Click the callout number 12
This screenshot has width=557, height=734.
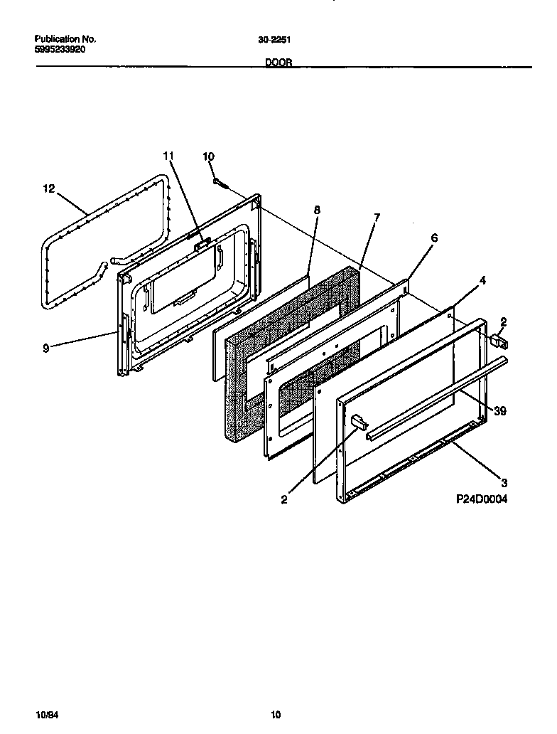point(48,188)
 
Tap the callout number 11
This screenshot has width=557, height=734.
point(168,156)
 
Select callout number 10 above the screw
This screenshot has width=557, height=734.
point(208,156)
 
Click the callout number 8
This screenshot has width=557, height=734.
point(317,210)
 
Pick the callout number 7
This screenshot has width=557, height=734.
point(377,217)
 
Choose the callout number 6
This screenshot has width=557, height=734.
point(434,238)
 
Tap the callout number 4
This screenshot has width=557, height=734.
point(482,281)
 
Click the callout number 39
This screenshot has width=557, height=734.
point(499,411)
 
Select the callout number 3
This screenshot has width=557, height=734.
point(504,481)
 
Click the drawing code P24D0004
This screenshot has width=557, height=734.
point(482,499)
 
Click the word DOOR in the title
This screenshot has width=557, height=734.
point(277,63)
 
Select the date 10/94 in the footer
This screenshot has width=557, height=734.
point(45,715)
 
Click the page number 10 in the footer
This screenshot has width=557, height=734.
point(276,715)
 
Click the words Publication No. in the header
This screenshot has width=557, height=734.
point(65,40)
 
